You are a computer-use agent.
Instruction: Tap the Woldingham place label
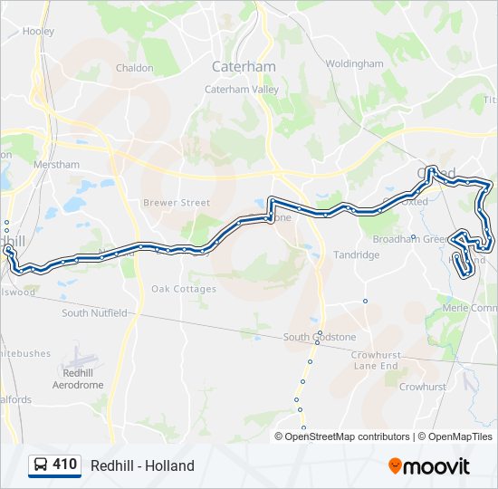click(x=355, y=64)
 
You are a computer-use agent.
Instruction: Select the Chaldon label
click(x=135, y=67)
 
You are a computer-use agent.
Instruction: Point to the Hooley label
click(x=39, y=31)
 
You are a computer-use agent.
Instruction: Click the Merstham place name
click(x=55, y=164)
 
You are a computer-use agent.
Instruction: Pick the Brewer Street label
click(x=176, y=203)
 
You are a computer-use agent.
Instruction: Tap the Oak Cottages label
click(x=184, y=289)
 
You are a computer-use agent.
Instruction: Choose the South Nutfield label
click(x=94, y=313)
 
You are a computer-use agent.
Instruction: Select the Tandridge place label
click(x=356, y=255)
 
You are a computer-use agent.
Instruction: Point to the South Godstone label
click(x=320, y=337)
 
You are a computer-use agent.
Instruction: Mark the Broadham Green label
click(x=410, y=239)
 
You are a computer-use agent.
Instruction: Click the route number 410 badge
click(x=64, y=465)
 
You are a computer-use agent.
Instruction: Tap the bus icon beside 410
click(x=41, y=465)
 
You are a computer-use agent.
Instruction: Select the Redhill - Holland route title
click(x=142, y=465)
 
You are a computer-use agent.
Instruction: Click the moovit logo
click(x=429, y=465)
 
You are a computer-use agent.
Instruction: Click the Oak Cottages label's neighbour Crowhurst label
click(x=423, y=387)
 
